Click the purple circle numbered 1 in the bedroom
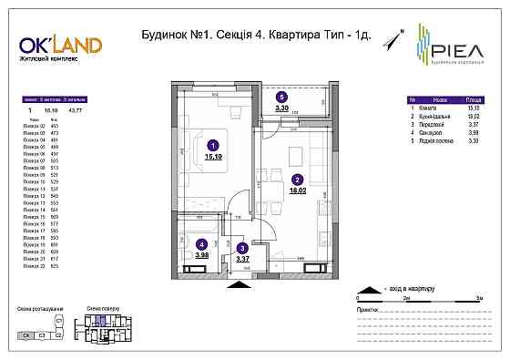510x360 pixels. click(x=212, y=144)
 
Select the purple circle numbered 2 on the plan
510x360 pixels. click(x=297, y=180)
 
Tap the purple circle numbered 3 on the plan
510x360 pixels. click(x=241, y=247)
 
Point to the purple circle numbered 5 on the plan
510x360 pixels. click(x=282, y=96)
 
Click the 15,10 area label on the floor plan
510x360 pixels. click(x=214, y=156)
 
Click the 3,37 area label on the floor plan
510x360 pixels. click(x=242, y=259)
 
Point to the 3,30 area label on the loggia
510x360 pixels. click(x=282, y=107)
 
